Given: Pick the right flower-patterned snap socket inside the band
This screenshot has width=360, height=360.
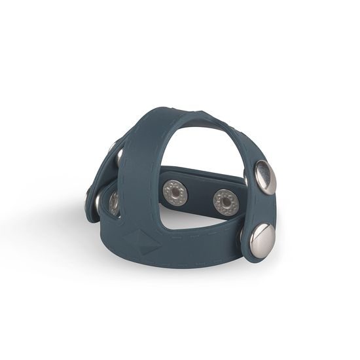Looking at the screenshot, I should coord(226,201).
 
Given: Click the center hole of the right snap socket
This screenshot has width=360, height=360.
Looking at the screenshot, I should coord(226,201).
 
